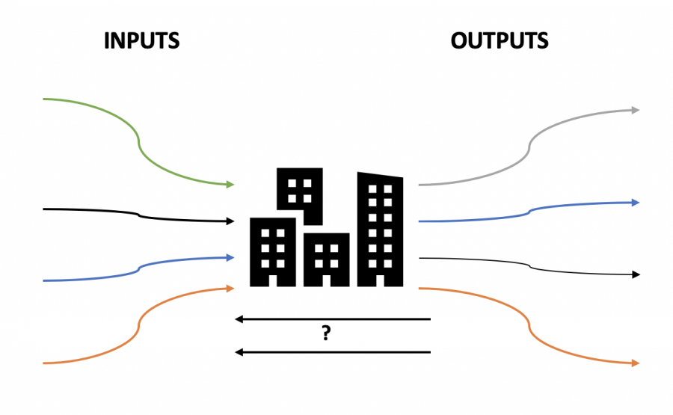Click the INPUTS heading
(142, 40)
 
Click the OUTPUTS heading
(500, 40)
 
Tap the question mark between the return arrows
(326, 334)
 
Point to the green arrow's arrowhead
(230, 184)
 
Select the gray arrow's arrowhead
(635, 110)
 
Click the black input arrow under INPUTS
(138, 215)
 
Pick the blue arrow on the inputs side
(138, 269)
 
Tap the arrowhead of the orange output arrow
(635, 363)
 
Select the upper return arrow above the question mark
(333, 319)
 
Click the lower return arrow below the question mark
(333, 351)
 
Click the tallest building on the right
(380, 224)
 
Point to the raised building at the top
(301, 191)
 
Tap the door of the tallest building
(380, 280)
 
